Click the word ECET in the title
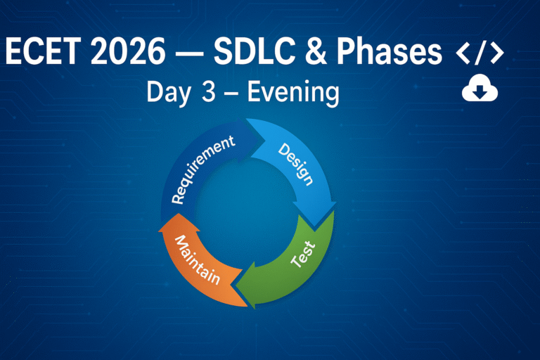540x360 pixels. click(43, 51)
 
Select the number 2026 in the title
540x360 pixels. click(128, 51)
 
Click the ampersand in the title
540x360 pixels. click(316, 51)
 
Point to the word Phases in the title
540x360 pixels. click(389, 51)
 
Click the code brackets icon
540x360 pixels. click(480, 52)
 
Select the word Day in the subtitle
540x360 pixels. click(169, 93)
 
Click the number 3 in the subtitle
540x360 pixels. click(208, 91)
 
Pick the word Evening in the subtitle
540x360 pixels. click(293, 92)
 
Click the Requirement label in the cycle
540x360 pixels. click(203, 169)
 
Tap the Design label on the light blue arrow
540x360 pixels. click(296, 165)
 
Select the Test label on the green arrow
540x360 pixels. click(303, 255)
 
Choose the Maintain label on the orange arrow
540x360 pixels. click(198, 260)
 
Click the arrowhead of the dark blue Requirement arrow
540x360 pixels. click(264, 141)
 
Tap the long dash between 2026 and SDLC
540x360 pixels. click(189, 52)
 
